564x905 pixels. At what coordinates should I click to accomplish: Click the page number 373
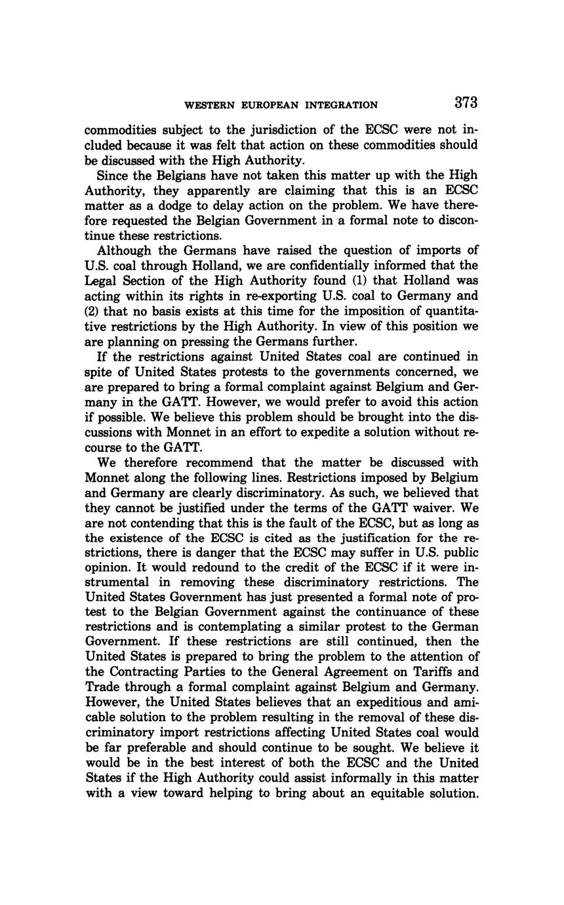tap(464, 103)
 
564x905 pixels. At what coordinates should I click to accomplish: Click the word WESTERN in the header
tap(208, 105)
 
